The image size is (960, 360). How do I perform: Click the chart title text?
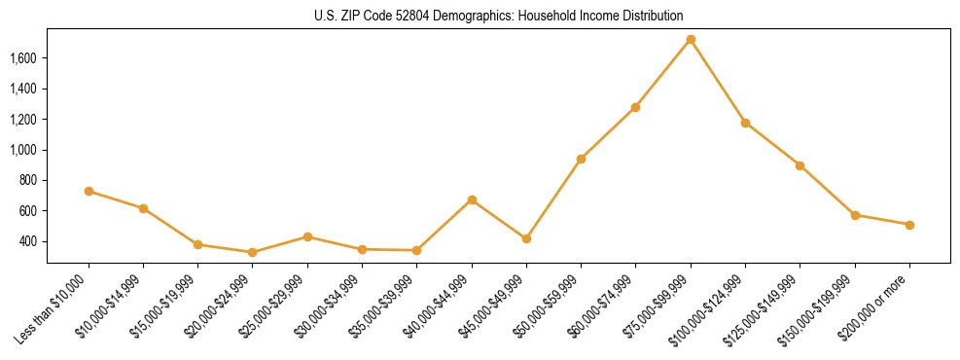(498, 16)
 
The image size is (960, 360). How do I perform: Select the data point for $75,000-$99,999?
(691, 40)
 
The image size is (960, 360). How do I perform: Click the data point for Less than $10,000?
(89, 192)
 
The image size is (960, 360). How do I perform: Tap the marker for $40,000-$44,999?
(472, 200)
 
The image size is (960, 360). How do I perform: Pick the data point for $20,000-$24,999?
(253, 252)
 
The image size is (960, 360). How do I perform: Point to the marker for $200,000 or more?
(909, 225)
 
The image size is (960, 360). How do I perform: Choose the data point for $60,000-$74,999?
(635, 107)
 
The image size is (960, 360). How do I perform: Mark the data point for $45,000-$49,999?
(526, 238)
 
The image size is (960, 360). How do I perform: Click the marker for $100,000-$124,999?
(745, 123)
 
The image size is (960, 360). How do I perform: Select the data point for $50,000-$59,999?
(581, 159)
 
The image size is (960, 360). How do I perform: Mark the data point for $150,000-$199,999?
(855, 215)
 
